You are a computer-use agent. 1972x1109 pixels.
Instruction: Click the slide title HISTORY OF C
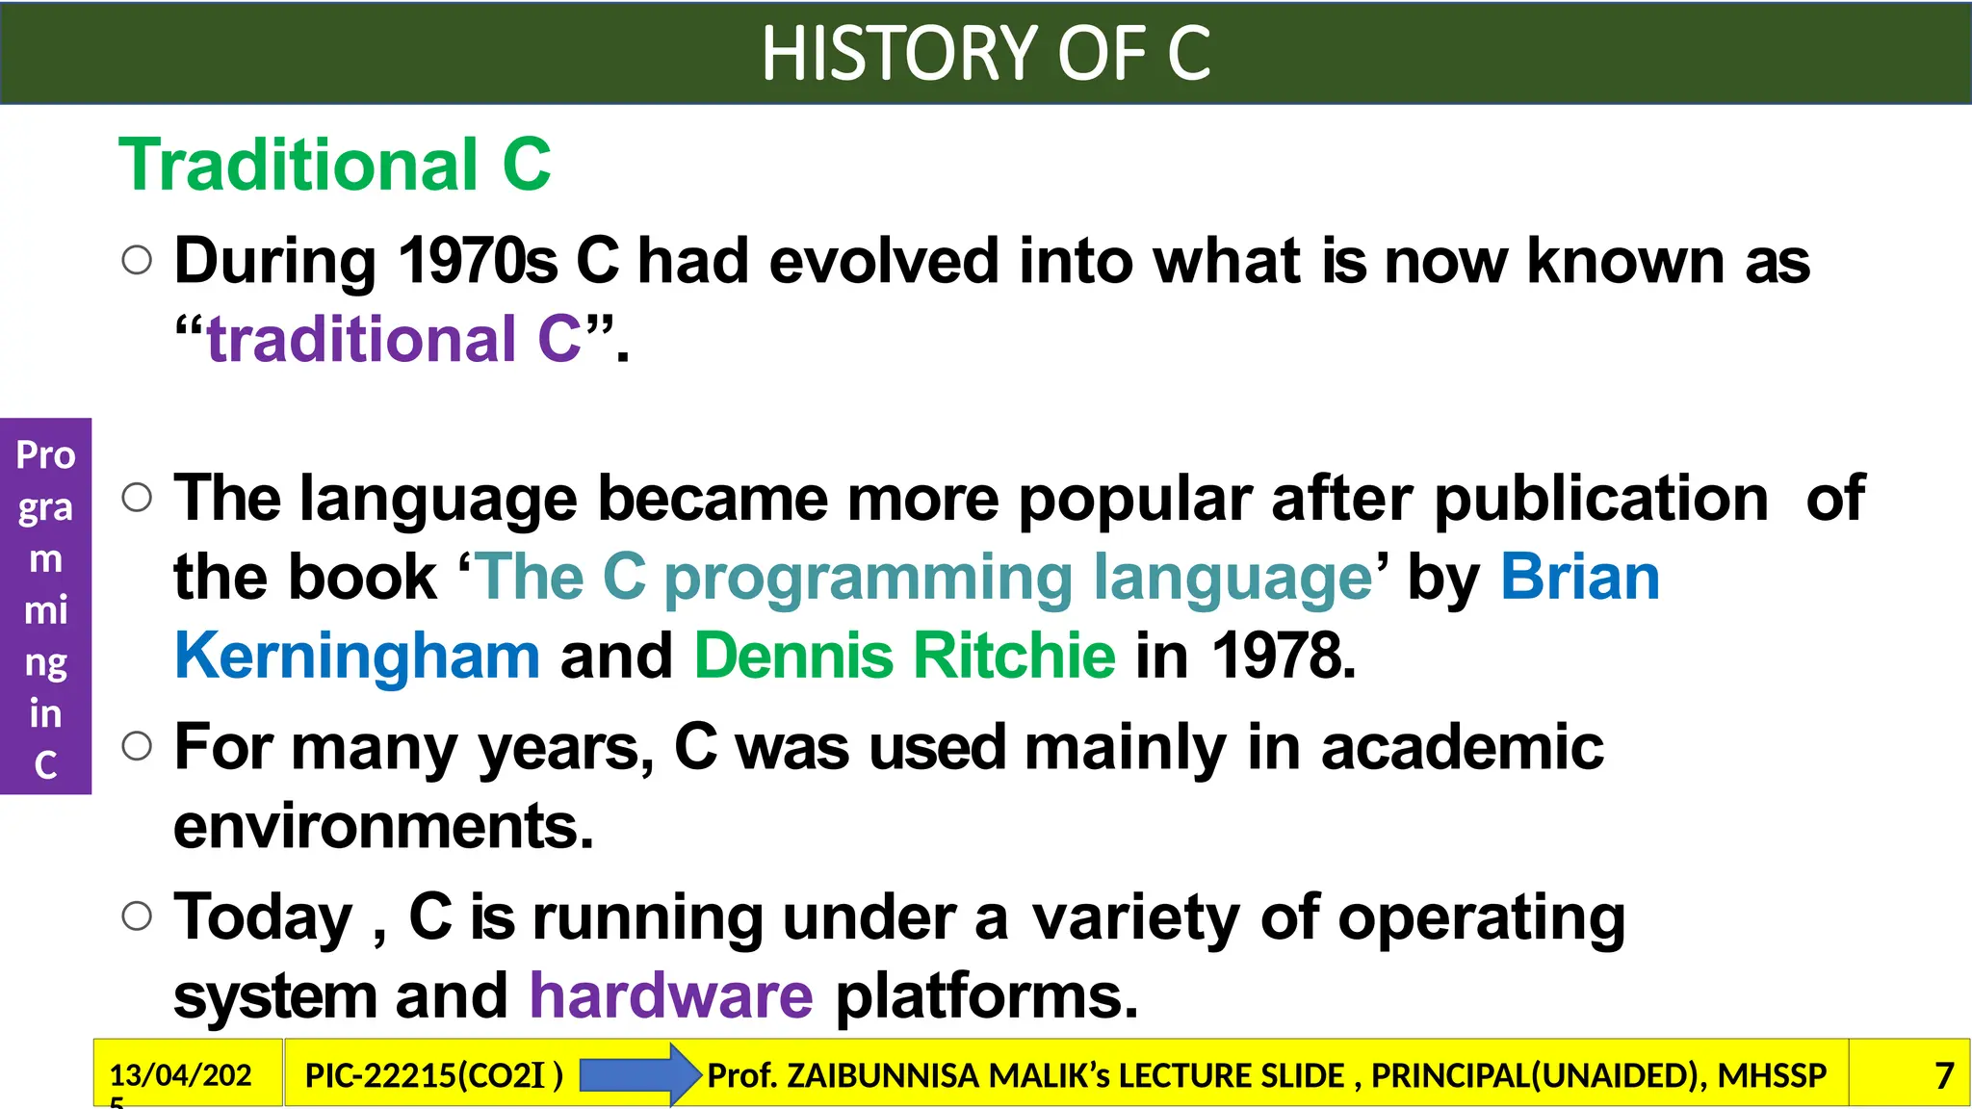click(x=985, y=53)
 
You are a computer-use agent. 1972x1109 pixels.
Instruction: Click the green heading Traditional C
click(x=335, y=165)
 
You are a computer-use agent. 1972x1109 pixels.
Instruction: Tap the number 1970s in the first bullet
click(x=478, y=261)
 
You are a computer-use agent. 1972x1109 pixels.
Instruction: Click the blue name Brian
click(x=1580, y=577)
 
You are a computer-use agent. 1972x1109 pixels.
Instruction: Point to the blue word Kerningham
click(x=357, y=656)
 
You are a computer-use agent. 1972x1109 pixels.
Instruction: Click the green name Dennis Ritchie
click(x=904, y=656)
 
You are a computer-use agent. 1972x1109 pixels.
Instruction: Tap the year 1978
click(x=1282, y=656)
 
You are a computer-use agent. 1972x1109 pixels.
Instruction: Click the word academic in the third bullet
click(x=1462, y=747)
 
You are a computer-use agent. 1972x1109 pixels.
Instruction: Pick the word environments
click(x=383, y=826)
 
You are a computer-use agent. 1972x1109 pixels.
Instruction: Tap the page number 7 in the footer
click(x=1944, y=1075)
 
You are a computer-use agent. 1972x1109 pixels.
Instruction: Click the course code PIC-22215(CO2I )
click(x=433, y=1075)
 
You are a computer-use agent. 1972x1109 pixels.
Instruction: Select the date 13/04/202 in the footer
click(x=180, y=1075)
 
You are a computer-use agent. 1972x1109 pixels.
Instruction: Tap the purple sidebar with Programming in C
click(x=45, y=606)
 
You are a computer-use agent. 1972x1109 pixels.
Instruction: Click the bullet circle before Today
click(x=138, y=916)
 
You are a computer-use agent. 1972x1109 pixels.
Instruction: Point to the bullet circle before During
click(x=138, y=260)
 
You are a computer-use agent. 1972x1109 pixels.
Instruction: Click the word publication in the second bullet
click(x=1600, y=498)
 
